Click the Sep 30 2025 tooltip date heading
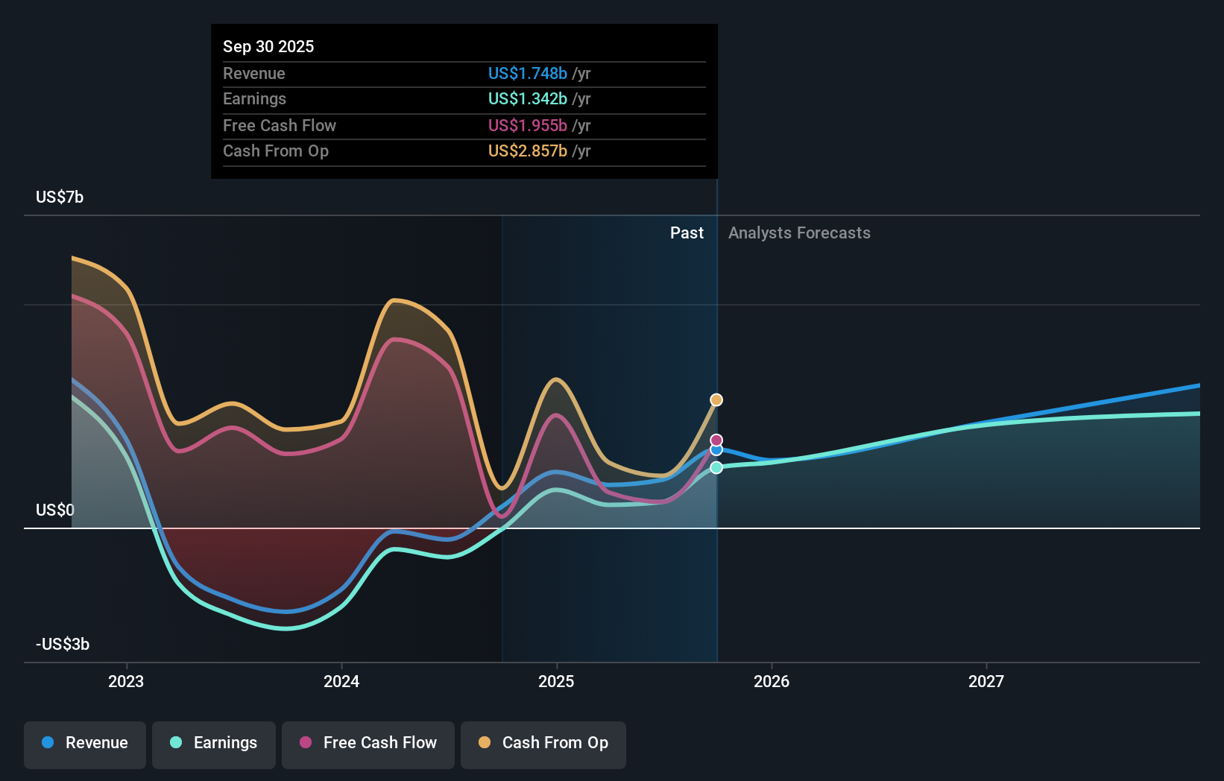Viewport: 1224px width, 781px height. pyautogui.click(x=268, y=46)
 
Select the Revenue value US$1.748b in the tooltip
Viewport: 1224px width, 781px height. pyautogui.click(x=527, y=73)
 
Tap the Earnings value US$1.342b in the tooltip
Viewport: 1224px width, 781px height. pyautogui.click(x=527, y=98)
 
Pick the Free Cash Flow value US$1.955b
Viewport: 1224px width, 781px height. pyautogui.click(x=527, y=125)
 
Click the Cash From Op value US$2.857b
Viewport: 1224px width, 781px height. pyautogui.click(x=527, y=151)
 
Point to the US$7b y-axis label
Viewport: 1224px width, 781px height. pyautogui.click(x=60, y=197)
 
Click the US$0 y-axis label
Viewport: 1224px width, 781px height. pyautogui.click(x=55, y=510)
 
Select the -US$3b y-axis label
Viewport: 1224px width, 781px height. pyautogui.click(x=63, y=644)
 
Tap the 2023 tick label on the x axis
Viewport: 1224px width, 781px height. pyautogui.click(x=126, y=681)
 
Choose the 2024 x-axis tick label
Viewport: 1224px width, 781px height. pyautogui.click(x=341, y=681)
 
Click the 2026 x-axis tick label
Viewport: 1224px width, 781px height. pyautogui.click(x=772, y=681)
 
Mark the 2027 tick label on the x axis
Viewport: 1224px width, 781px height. pyautogui.click(x=986, y=681)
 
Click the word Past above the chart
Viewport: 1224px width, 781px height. pyautogui.click(x=687, y=233)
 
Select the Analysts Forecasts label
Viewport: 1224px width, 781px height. pyautogui.click(x=799, y=233)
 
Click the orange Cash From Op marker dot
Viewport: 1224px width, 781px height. pyautogui.click(x=716, y=400)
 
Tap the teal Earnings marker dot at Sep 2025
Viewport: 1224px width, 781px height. pyautogui.click(x=716, y=467)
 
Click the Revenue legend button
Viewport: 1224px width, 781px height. pyautogui.click(x=85, y=743)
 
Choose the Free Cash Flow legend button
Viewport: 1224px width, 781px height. pyautogui.click(x=368, y=743)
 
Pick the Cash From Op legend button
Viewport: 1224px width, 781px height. pyautogui.click(x=543, y=743)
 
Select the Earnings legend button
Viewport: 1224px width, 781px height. pyautogui.click(x=214, y=743)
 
